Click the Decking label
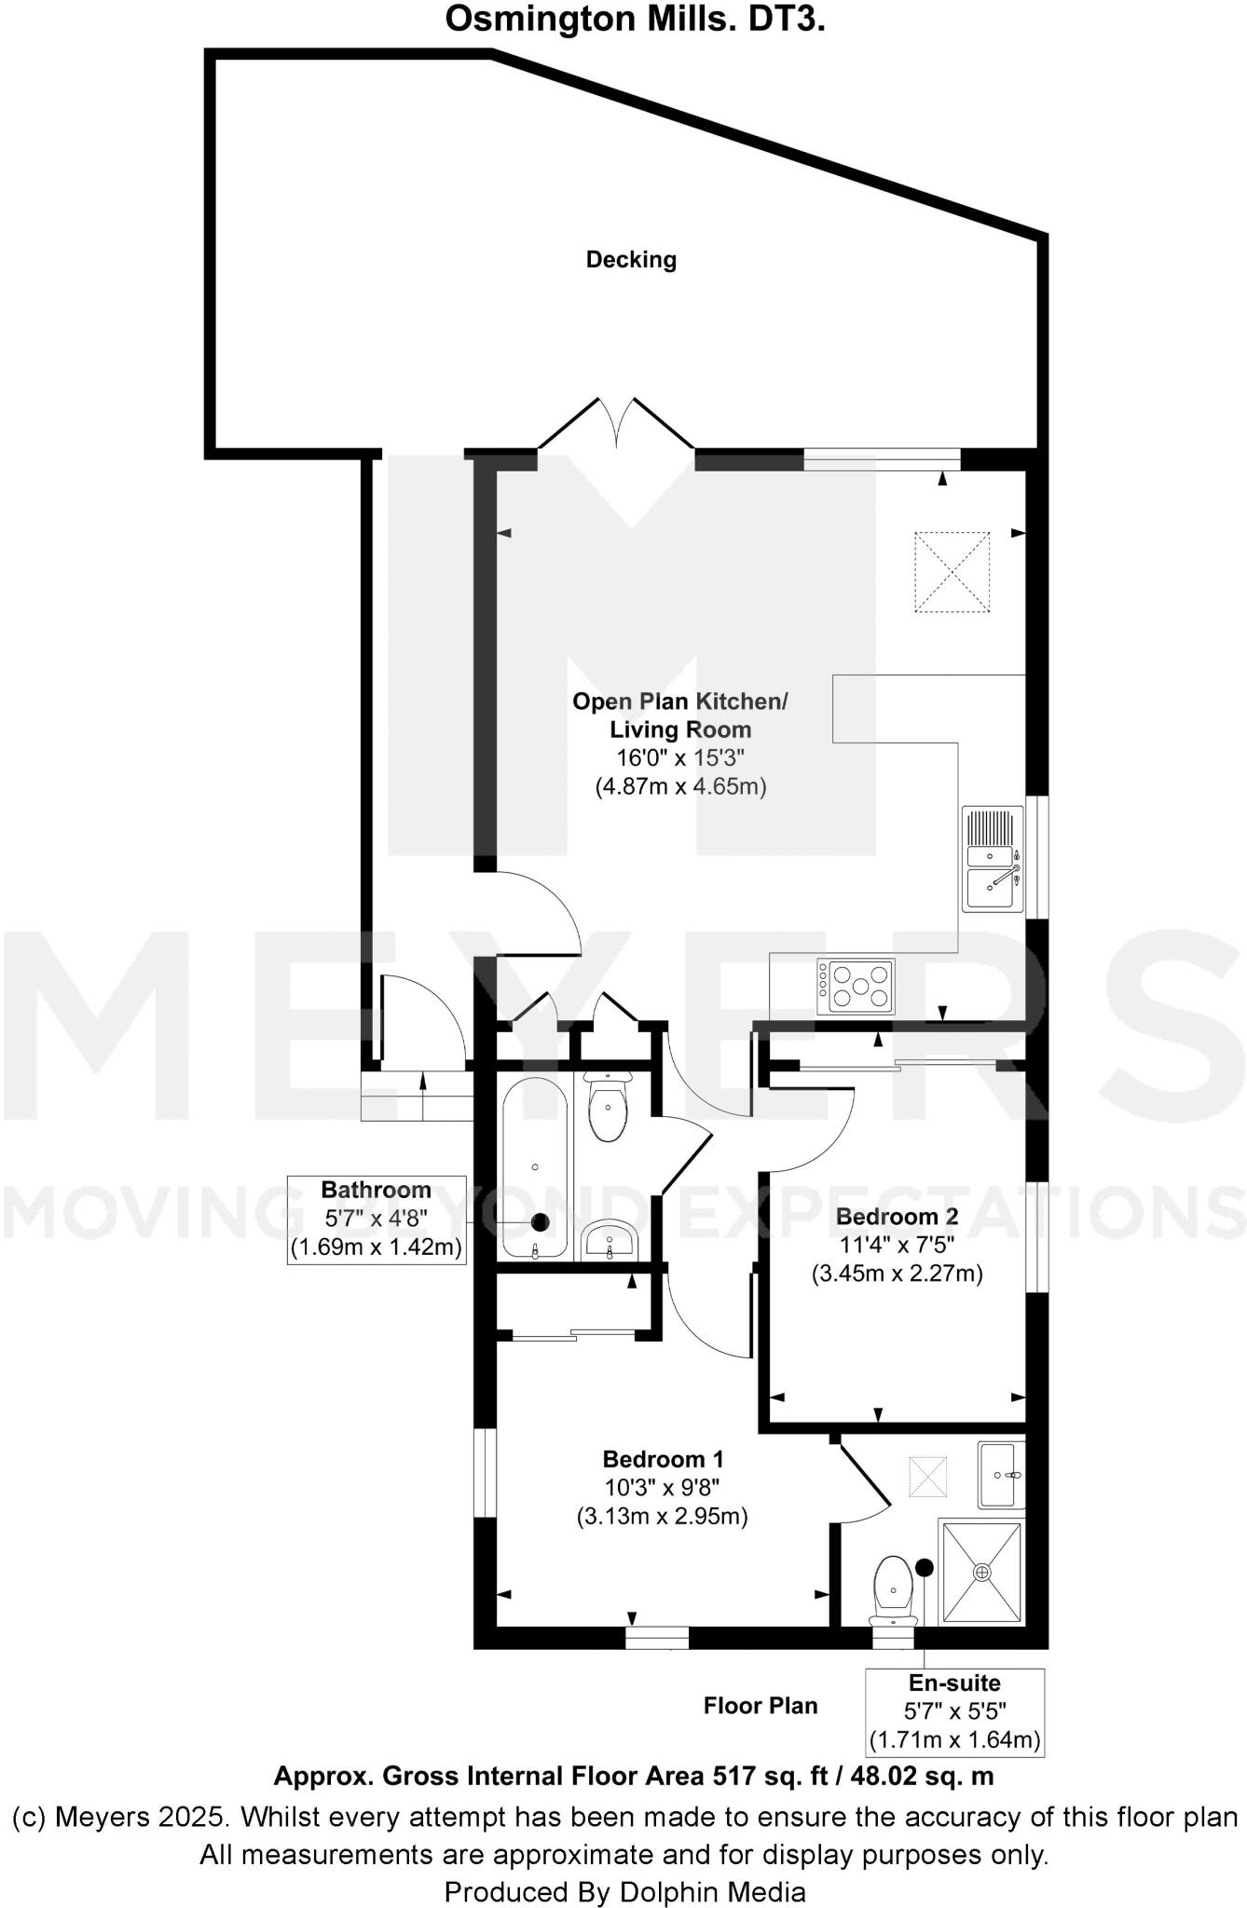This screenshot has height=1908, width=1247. click(631, 260)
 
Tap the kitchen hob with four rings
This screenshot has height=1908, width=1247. click(856, 986)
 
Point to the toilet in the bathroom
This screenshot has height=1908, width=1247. click(609, 1109)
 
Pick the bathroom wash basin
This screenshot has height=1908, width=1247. click(609, 1239)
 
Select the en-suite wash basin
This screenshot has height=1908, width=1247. click(1002, 1475)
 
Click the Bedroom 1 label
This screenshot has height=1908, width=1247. click(663, 1459)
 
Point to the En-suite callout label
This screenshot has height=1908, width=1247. click(954, 1683)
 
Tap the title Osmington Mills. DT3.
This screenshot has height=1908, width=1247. click(635, 19)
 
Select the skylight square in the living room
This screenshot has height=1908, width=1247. click(952, 572)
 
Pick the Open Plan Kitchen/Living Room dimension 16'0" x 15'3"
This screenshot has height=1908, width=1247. click(680, 757)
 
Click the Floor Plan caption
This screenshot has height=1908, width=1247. click(761, 1706)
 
